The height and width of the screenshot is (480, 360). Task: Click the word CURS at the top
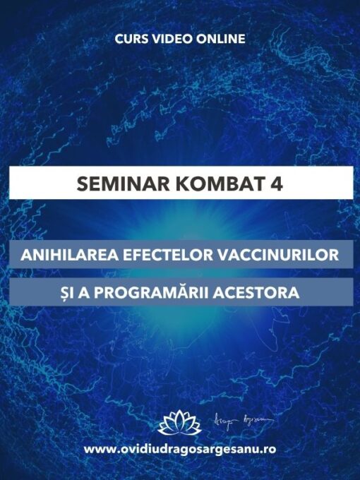pos(131,39)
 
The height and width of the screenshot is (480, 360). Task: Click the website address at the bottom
pos(180,448)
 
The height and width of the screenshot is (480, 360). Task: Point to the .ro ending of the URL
pos(268,449)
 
